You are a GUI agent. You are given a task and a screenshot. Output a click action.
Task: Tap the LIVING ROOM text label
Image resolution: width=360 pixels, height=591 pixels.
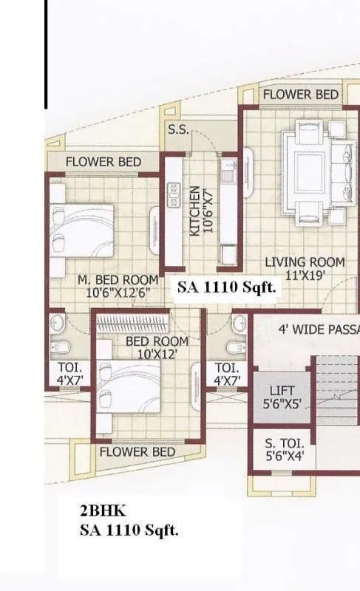click(305, 262)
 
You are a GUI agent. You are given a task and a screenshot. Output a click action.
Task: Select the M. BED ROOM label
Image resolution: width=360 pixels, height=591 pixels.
click(118, 280)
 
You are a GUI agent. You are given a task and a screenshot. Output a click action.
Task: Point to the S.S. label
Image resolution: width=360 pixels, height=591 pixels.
click(178, 130)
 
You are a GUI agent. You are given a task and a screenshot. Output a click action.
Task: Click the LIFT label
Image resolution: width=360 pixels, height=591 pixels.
click(281, 391)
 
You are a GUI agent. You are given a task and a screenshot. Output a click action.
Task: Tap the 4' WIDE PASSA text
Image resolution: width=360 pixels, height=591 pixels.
click(318, 329)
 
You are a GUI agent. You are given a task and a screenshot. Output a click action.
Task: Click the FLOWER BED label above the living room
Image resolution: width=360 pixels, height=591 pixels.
click(300, 95)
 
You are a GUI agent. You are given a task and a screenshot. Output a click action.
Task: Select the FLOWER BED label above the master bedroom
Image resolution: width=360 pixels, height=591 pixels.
click(103, 162)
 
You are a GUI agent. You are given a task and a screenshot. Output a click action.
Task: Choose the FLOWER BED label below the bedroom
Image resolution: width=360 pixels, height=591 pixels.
click(137, 451)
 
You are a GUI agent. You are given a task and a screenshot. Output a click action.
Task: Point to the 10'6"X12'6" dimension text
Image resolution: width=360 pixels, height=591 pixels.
click(118, 293)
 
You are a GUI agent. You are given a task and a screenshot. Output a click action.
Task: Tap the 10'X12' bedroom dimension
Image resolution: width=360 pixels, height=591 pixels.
click(157, 355)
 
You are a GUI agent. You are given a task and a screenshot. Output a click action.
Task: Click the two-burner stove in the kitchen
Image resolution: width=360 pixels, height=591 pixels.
click(174, 194)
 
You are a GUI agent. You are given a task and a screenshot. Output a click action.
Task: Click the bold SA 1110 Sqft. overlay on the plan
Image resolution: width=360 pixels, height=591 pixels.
click(226, 289)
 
